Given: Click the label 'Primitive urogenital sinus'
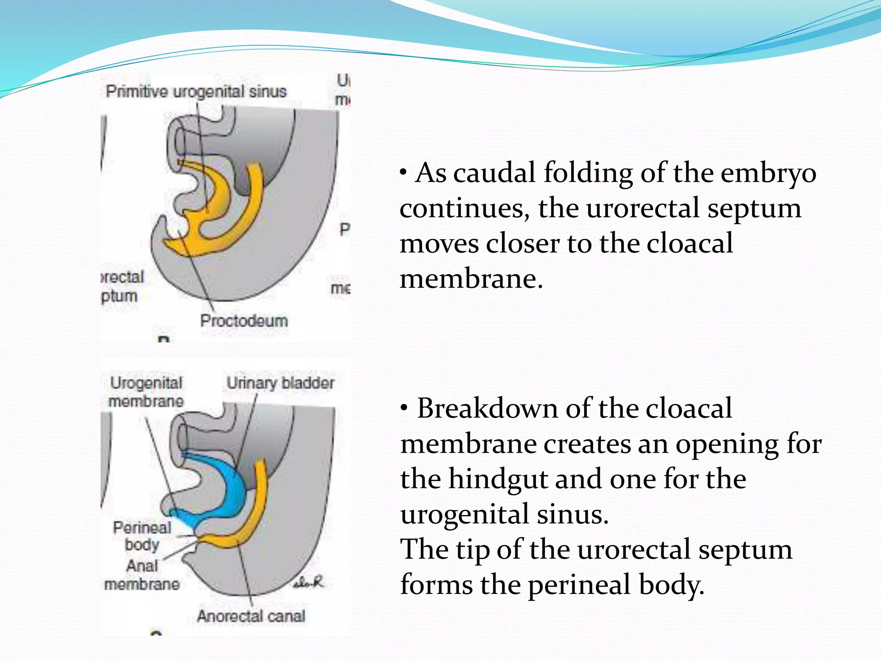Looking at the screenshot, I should [x=196, y=92].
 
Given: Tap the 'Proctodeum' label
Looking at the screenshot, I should [x=244, y=321].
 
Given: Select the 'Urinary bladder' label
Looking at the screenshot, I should [x=280, y=383].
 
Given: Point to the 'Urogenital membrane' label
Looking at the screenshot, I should [x=146, y=392].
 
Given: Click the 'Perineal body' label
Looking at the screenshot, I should [x=142, y=536].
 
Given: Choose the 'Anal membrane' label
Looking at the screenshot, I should [x=142, y=575].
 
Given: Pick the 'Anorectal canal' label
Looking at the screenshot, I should [x=251, y=616].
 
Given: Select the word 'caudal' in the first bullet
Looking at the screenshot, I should [x=495, y=173].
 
